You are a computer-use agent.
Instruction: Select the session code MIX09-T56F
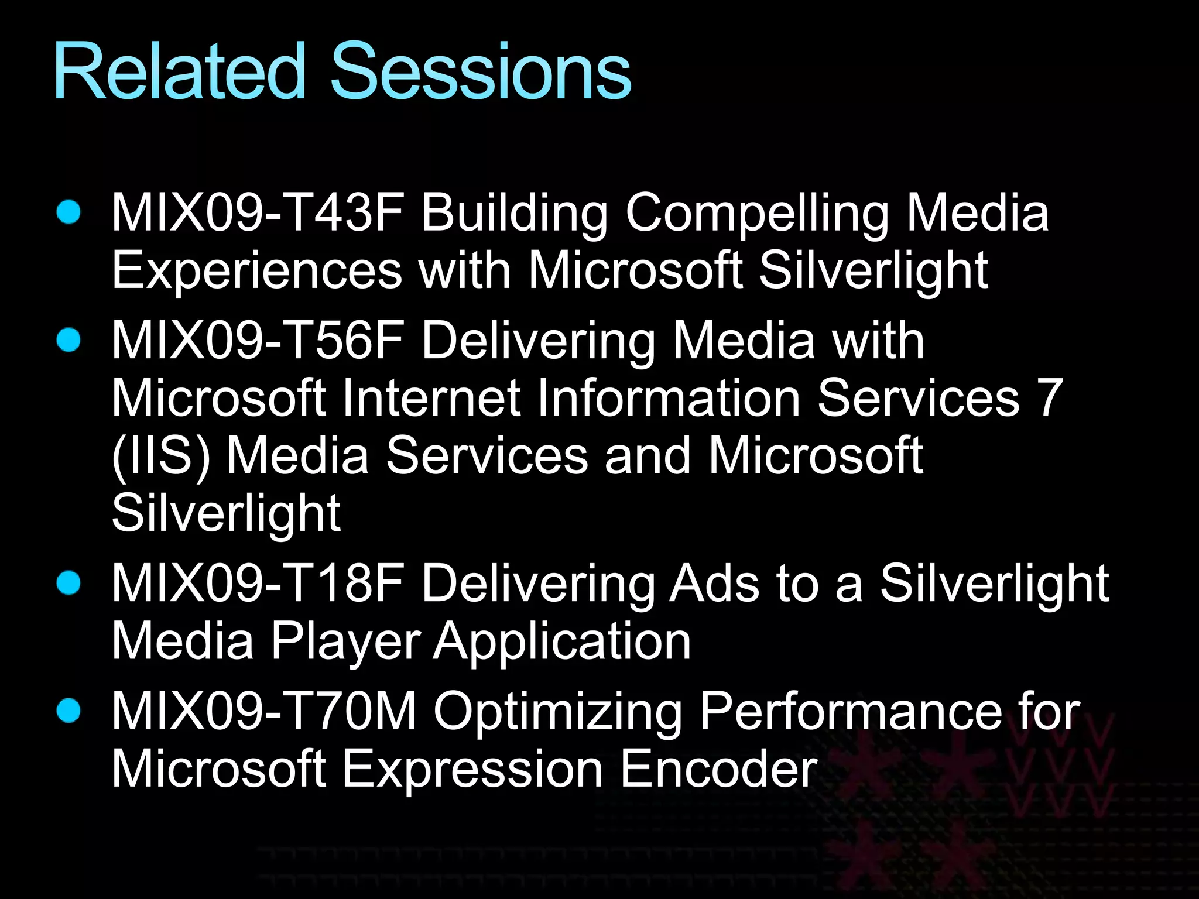258,341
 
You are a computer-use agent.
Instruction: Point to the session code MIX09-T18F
258,584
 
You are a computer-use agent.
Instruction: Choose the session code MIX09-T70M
263,711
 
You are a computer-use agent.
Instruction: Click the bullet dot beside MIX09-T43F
69,212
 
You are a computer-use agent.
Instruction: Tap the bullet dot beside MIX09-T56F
69,340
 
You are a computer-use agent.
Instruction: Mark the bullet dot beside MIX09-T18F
69,583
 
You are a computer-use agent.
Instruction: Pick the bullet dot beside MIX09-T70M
69,711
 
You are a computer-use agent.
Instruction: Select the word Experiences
256,271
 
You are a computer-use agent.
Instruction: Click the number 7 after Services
1050,398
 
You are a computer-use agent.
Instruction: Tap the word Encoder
718,769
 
